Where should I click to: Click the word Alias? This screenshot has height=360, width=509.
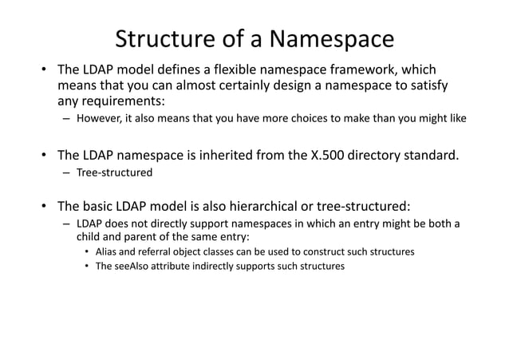(108, 252)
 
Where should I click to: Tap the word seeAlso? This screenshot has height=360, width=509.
(131, 267)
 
